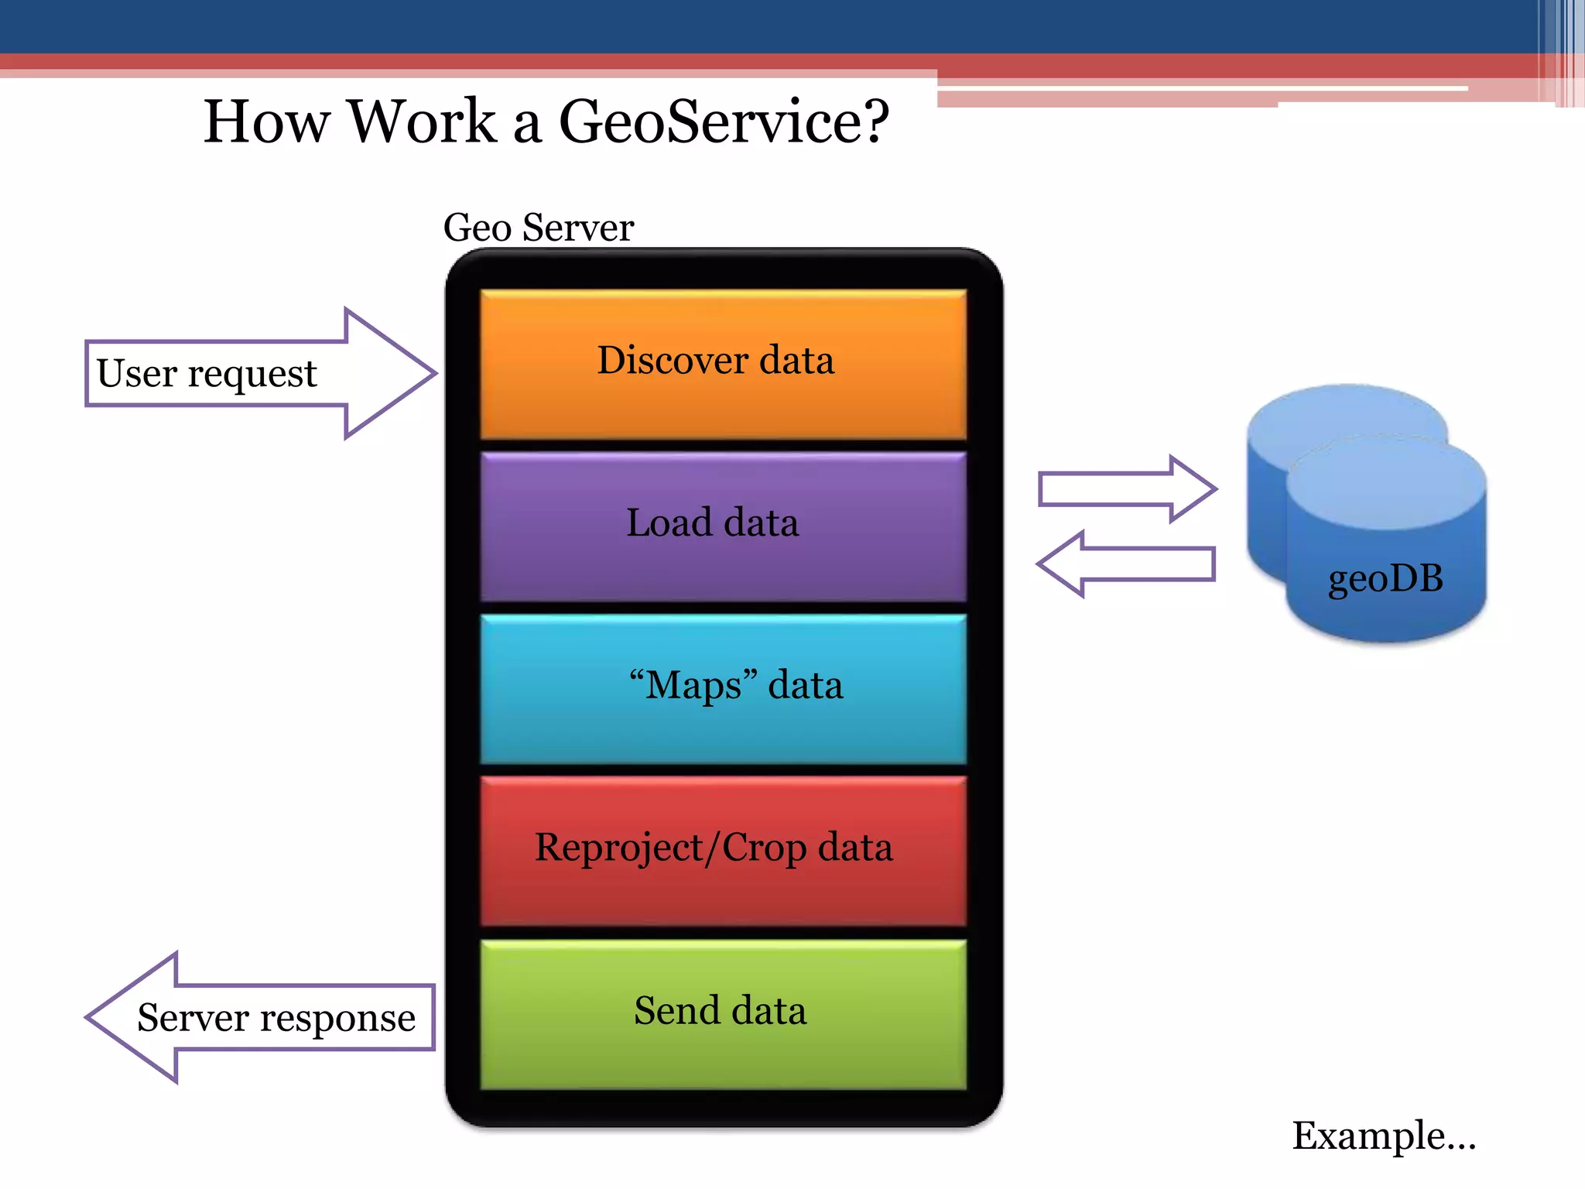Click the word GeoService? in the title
[x=724, y=122]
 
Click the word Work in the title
[x=422, y=122]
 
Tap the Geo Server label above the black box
[x=539, y=228]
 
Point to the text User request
[x=207, y=373]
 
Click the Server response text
[x=276, y=1017]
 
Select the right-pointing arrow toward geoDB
[x=1127, y=489]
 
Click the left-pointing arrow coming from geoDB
[x=1127, y=564]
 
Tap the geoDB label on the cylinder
[x=1385, y=578]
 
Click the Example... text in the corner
[x=1384, y=1136]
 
